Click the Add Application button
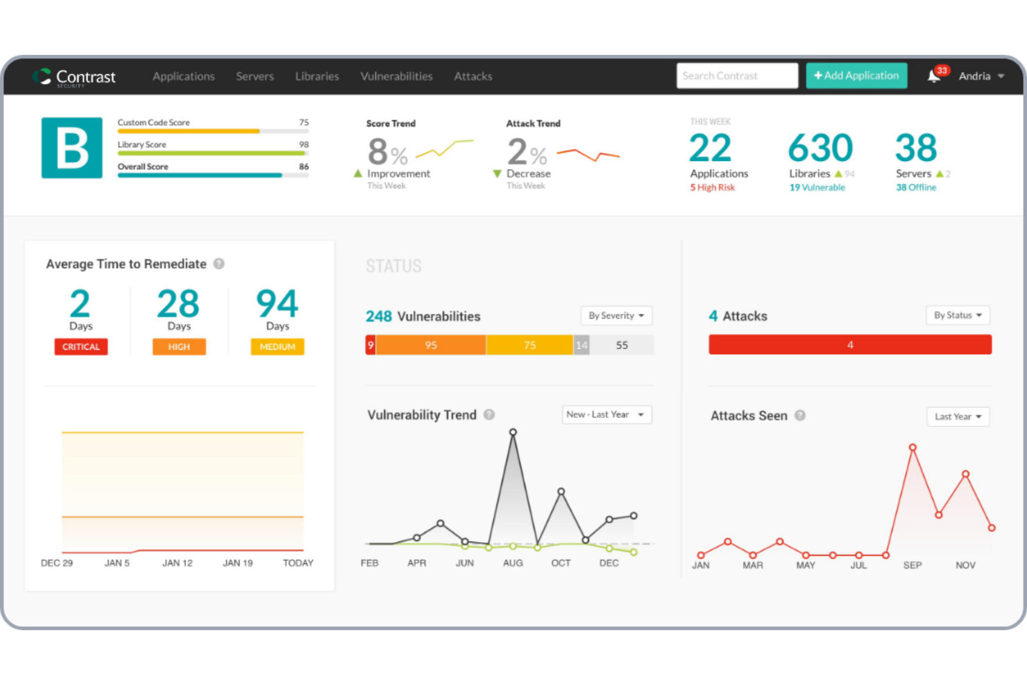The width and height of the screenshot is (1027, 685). pyautogui.click(x=856, y=76)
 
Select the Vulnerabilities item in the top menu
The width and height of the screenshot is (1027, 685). pyautogui.click(x=396, y=76)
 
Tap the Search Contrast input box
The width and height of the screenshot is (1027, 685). pyautogui.click(x=736, y=76)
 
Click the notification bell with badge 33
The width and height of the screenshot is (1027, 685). pyautogui.click(x=935, y=76)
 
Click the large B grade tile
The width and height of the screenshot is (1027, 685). pyautogui.click(x=72, y=148)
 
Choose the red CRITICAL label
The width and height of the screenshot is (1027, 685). pyautogui.click(x=81, y=347)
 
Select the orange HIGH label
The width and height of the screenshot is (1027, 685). pyautogui.click(x=179, y=347)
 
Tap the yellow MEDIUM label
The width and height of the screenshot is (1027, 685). pyautogui.click(x=278, y=347)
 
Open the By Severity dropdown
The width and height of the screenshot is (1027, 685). pyautogui.click(x=616, y=316)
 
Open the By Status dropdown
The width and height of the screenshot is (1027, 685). pyautogui.click(x=958, y=315)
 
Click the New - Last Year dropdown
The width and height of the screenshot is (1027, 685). pyautogui.click(x=606, y=414)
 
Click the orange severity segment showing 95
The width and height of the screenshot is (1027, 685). pyautogui.click(x=431, y=345)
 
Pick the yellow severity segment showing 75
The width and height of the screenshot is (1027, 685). pyautogui.click(x=529, y=345)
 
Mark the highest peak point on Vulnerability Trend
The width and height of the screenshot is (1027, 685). pyautogui.click(x=513, y=432)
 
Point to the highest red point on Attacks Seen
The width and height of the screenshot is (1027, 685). pyautogui.click(x=913, y=448)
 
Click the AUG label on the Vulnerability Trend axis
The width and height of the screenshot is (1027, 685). pyautogui.click(x=513, y=563)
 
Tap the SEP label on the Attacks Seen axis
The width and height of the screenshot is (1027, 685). pyautogui.click(x=913, y=565)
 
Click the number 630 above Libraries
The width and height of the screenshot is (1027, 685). pyautogui.click(x=820, y=148)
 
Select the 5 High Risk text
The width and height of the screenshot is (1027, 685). pyautogui.click(x=713, y=187)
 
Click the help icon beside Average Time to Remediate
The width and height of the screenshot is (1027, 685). pyautogui.click(x=219, y=264)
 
